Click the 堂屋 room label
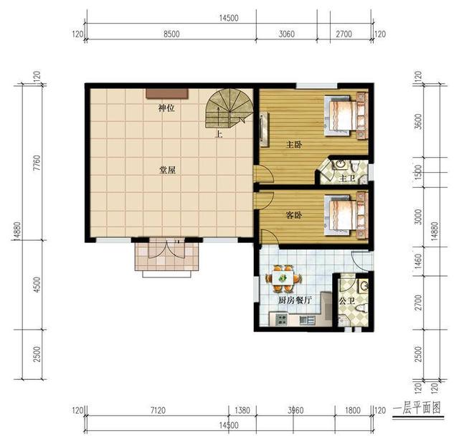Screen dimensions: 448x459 click(x=168, y=171)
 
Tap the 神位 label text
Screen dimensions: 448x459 click(x=166, y=109)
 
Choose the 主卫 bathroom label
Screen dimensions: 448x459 click(x=347, y=178)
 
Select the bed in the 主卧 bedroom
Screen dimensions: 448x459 click(x=344, y=114)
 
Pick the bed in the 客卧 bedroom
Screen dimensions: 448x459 click(x=344, y=214)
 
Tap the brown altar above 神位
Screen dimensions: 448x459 click(x=167, y=92)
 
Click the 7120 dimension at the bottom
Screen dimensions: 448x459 click(x=158, y=411)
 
